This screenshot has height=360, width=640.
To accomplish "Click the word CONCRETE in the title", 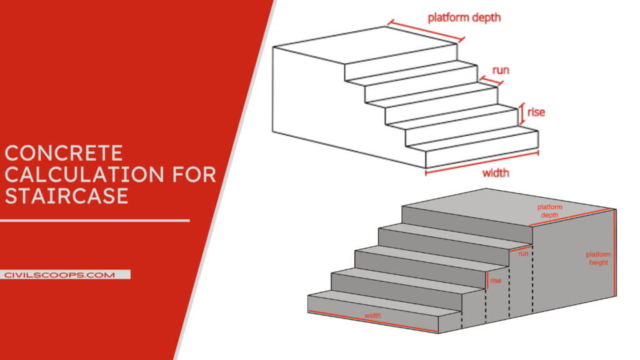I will point(64,153).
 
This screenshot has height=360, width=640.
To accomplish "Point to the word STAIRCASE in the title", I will point(66,196).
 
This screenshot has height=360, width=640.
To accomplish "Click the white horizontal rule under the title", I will point(94,221).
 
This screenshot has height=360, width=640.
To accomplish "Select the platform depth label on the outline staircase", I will point(464,17).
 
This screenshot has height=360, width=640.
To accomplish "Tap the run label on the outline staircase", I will point(501,70).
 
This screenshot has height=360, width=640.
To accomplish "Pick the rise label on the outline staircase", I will point(536,112).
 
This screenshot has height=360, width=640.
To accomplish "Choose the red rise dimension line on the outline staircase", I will point(521,114).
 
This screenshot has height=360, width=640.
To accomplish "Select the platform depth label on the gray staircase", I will point(550,211).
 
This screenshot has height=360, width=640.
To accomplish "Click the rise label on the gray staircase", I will point(496,281).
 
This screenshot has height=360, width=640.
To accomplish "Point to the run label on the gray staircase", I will point(523,254).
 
